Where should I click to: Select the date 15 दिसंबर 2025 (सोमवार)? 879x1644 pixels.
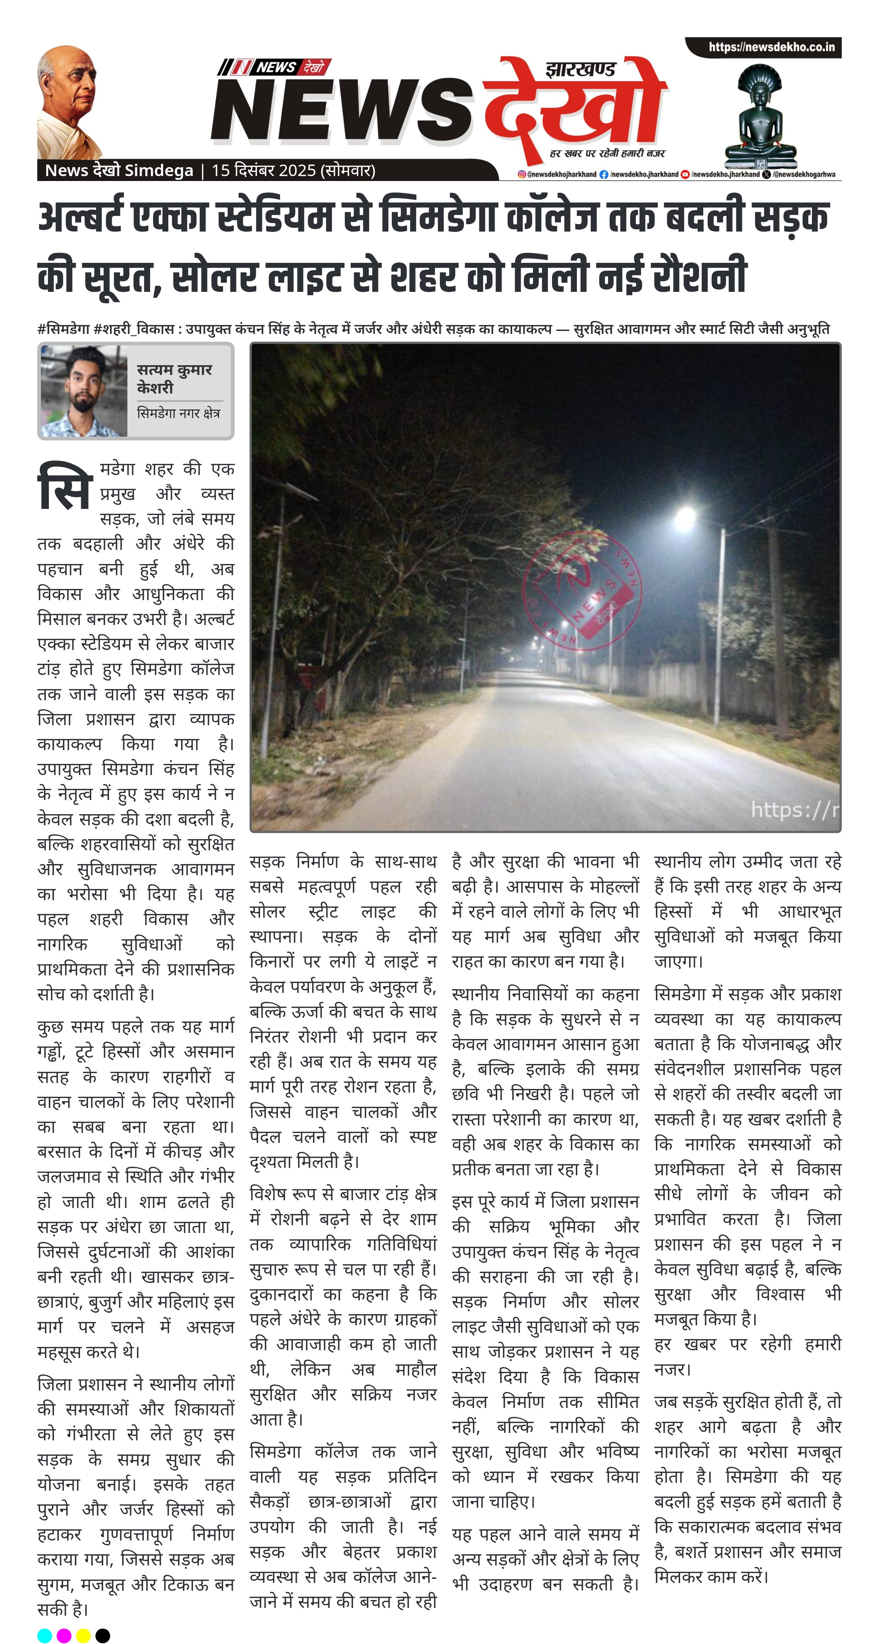[293, 171]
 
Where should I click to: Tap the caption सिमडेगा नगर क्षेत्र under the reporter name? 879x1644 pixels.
[178, 413]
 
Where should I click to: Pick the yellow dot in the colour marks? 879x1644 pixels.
[83, 1635]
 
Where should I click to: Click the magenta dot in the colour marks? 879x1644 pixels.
[64, 1635]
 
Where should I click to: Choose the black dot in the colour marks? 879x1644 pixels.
[102, 1635]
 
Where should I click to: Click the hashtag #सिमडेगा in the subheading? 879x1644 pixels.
[63, 329]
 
